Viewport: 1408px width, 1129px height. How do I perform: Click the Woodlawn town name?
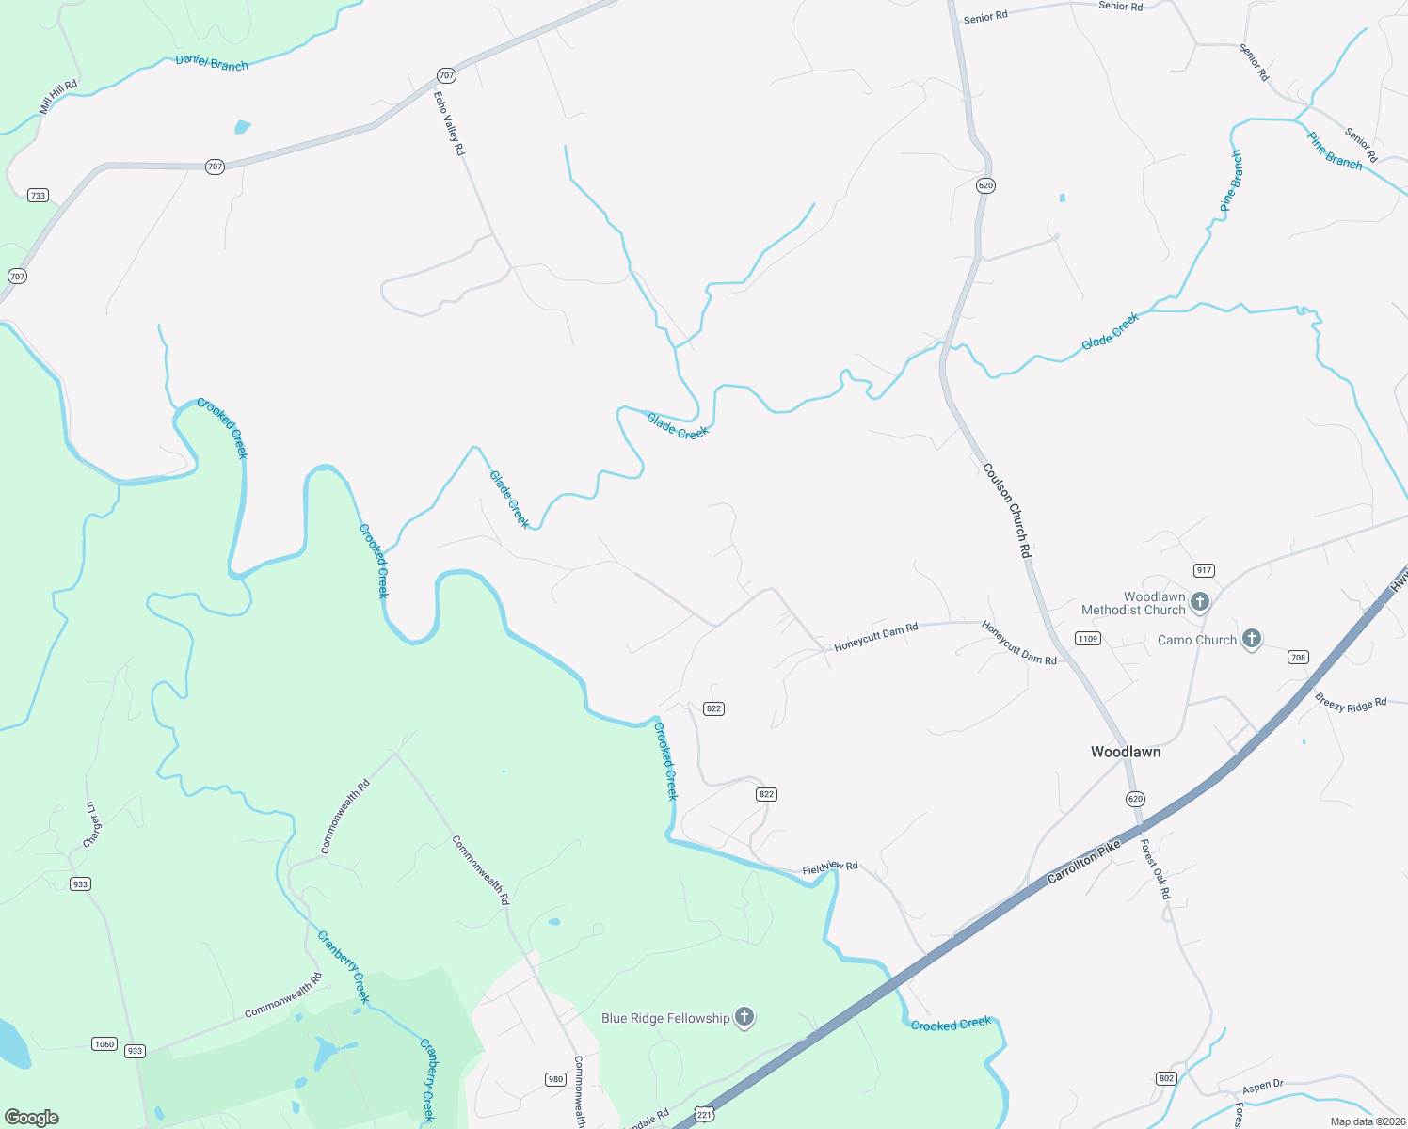1125,752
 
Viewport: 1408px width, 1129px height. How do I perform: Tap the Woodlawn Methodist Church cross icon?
1199,601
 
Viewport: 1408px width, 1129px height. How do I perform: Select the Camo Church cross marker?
1251,639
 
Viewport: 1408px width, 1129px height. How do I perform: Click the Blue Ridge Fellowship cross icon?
744,1017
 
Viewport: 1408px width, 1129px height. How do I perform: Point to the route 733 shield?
38,196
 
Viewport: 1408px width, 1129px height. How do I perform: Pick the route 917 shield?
1204,570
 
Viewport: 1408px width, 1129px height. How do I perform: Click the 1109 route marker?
1088,639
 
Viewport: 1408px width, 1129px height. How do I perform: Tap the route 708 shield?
1299,658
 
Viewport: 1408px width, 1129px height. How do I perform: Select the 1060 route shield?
104,1044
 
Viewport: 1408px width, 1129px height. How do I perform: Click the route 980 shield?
555,1079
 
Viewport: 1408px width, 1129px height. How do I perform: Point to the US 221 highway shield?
704,1115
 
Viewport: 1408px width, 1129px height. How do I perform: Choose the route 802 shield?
1167,1078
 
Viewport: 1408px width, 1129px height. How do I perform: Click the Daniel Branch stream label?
212,62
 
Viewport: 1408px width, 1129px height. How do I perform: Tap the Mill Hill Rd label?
57,98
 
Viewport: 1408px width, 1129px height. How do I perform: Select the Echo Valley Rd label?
449,123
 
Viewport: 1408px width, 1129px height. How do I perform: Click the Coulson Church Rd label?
1007,510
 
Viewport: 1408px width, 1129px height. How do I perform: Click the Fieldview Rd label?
830,867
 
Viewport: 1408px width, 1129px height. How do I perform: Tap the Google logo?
32,1118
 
